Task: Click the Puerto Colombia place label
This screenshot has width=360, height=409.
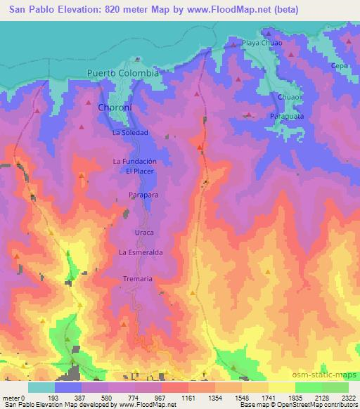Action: point(123,73)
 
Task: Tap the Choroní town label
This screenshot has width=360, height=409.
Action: point(111,109)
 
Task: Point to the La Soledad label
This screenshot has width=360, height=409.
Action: point(130,132)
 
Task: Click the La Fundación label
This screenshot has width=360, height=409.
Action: point(134,161)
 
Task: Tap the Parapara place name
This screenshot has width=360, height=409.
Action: point(141,194)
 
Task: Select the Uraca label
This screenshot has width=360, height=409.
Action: point(143,232)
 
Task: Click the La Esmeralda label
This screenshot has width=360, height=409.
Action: point(141,252)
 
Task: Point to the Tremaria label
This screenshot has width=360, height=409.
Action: point(138,279)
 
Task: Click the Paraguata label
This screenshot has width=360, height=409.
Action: point(287,115)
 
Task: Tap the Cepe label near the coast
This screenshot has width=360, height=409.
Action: point(340,65)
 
